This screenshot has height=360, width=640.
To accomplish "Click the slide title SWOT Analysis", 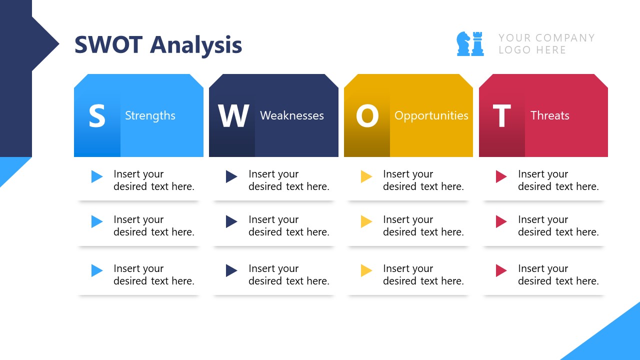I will [158, 45].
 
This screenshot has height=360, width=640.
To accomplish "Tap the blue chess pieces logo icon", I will [470, 44].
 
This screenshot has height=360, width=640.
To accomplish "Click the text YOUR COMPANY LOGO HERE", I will [546, 44].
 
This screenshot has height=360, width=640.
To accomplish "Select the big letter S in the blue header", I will [97, 116].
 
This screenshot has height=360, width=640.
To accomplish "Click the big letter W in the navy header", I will [233, 116].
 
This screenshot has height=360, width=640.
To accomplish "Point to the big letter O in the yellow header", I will [367, 116].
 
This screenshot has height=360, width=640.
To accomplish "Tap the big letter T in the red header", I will [501, 116].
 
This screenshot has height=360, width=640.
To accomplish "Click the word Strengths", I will [150, 115].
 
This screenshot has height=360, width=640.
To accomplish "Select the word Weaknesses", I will [292, 115].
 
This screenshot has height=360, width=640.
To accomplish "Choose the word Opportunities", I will [431, 115].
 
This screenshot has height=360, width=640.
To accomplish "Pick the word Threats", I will [549, 115].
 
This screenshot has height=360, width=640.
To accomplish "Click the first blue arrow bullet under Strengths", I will [97, 176].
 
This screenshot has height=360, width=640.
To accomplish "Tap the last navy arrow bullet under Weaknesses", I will [231, 270].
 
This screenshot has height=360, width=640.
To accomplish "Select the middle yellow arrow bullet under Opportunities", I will [366, 221].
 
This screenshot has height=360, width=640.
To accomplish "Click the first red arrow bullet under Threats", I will [501, 176].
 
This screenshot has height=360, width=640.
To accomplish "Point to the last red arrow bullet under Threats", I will [501, 270].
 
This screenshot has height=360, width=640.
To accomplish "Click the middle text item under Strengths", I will [153, 225].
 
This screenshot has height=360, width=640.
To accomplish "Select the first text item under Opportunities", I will [423, 180].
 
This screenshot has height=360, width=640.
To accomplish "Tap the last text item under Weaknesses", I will [288, 274].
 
